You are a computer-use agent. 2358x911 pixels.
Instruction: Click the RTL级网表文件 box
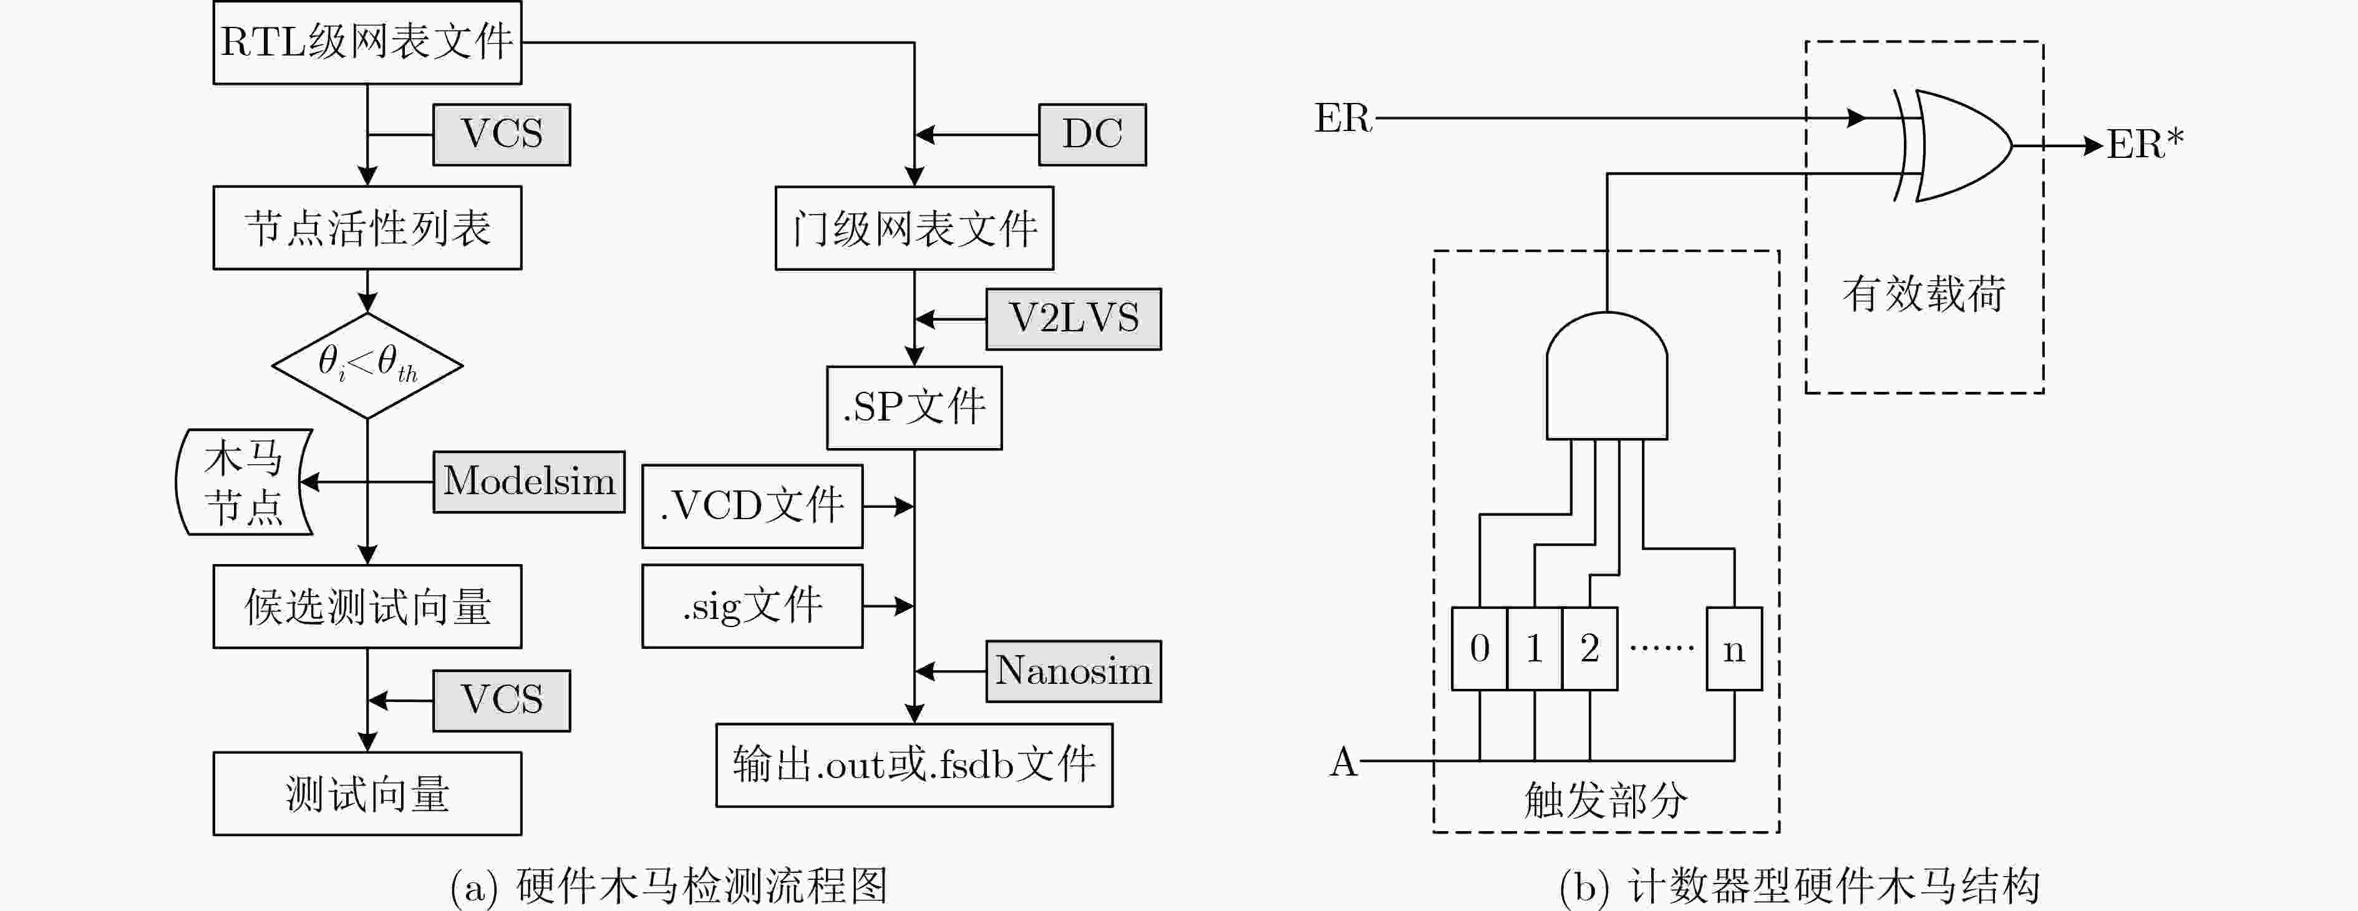tap(367, 42)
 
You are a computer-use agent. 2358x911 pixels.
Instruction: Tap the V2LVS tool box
tap(1073, 319)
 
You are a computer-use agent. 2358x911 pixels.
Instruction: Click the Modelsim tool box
tap(529, 482)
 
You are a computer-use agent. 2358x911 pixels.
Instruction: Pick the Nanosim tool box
tap(1073, 671)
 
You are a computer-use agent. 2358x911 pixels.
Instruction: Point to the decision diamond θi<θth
tap(367, 365)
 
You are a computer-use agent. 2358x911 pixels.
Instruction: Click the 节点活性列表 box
tap(367, 228)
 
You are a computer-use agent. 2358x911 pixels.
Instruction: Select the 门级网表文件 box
tap(915, 228)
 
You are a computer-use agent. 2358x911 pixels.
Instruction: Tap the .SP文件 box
tap(915, 407)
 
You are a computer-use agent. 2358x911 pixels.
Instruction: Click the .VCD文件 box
tap(752, 506)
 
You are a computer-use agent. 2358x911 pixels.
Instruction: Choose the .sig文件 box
tap(752, 606)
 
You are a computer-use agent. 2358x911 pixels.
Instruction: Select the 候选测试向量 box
tap(367, 606)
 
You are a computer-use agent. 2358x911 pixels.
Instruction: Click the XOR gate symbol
tap(1953, 145)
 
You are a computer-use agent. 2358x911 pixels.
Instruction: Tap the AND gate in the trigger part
tap(1606, 376)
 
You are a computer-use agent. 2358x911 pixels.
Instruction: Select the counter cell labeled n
tap(1734, 648)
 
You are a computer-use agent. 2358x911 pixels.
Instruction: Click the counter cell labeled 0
tap(1479, 648)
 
